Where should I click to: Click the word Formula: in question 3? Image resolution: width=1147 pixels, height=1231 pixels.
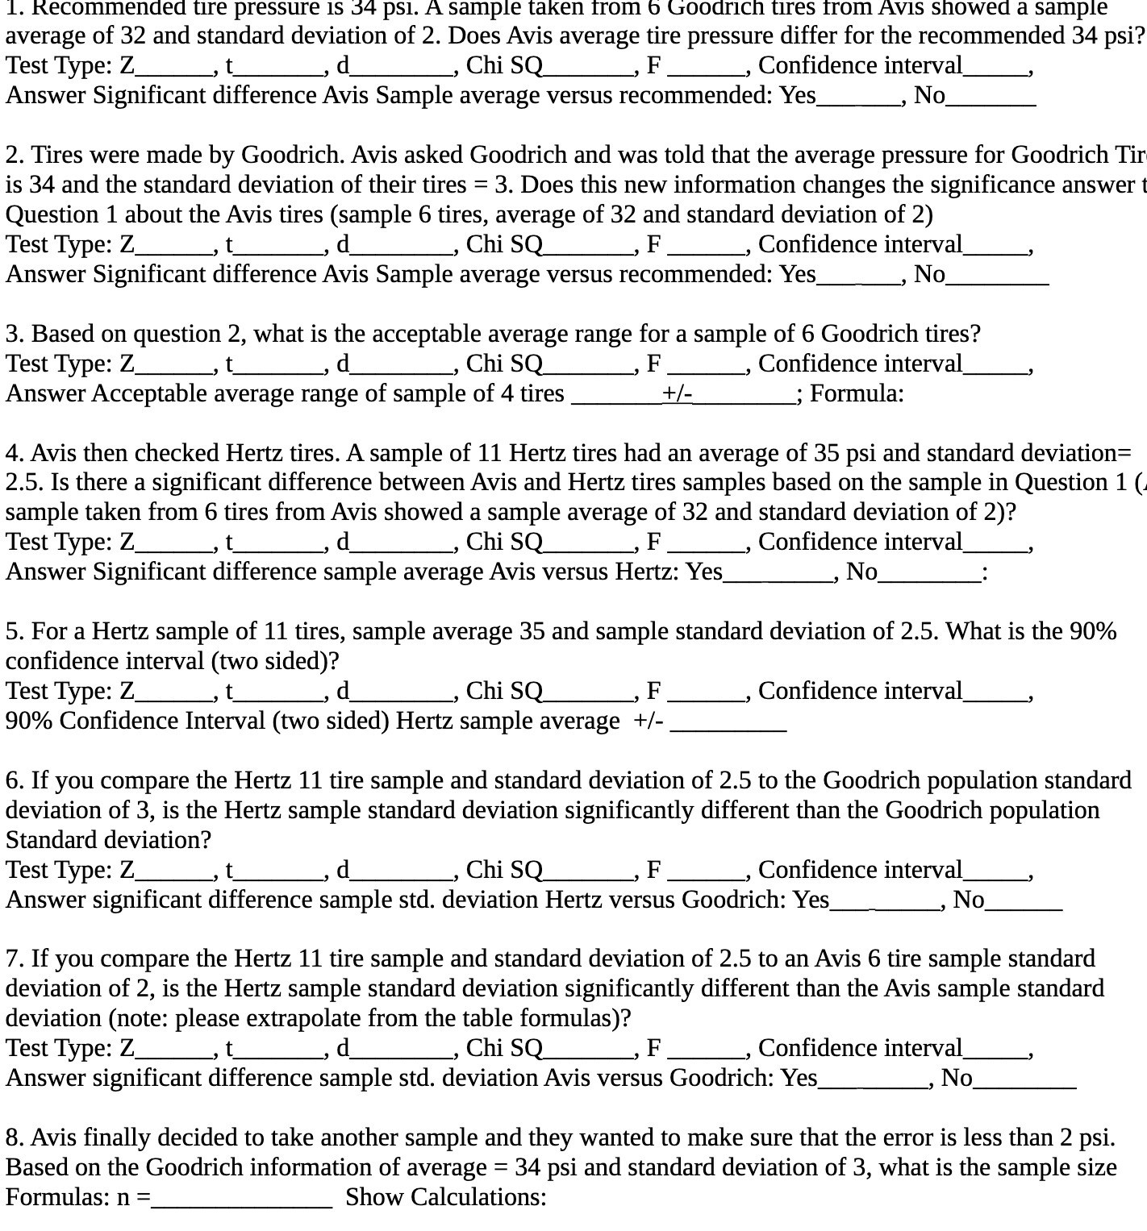(857, 393)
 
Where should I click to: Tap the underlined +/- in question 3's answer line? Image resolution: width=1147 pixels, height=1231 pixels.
(678, 393)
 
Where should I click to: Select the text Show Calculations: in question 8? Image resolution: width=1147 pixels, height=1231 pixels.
(446, 1197)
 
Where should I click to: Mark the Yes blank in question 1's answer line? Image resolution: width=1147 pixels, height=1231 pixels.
(857, 98)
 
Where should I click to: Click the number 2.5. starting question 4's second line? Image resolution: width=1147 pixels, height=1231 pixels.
(25, 483)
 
